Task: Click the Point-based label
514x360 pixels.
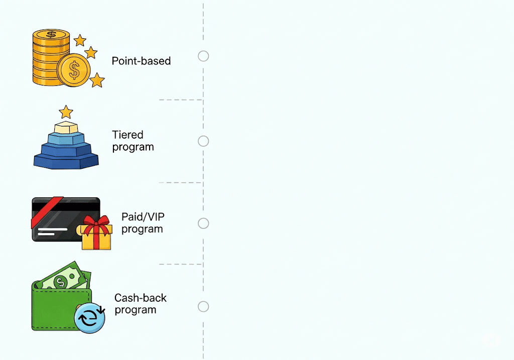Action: point(141,61)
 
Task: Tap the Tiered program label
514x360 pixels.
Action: point(133,141)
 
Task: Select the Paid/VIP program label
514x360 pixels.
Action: point(143,223)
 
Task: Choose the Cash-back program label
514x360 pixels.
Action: point(141,304)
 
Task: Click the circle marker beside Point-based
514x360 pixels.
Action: point(203,56)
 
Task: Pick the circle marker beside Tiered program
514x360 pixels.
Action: point(203,141)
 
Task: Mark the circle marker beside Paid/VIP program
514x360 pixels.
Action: point(203,223)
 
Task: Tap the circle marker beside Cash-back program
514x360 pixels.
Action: point(203,307)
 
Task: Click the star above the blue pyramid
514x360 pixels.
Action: point(66,112)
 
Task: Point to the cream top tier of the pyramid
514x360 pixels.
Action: point(66,128)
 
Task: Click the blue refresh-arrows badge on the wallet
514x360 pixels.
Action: point(89,318)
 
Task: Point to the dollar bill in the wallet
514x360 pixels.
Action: point(63,278)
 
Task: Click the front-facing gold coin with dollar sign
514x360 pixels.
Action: point(74,70)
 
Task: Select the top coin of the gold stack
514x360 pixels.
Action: point(51,35)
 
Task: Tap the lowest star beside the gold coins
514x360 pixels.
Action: point(97,80)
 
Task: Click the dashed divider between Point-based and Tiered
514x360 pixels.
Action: point(180,100)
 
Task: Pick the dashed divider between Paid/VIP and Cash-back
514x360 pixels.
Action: point(180,264)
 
